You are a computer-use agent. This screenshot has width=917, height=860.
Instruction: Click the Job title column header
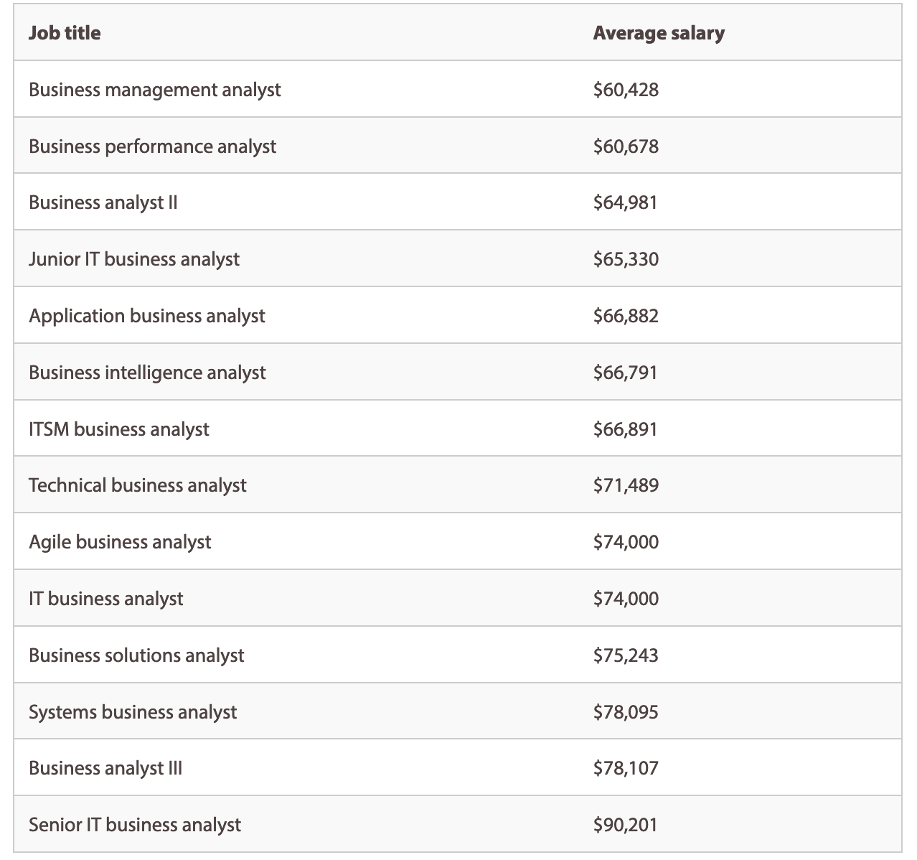65,33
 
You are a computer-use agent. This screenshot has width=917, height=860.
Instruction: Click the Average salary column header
658,33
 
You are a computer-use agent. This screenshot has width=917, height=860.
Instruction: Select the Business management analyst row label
154,90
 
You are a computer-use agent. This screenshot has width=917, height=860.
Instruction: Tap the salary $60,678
625,146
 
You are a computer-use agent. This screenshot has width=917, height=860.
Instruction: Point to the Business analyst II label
103,203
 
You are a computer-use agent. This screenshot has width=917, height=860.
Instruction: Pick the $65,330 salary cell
625,259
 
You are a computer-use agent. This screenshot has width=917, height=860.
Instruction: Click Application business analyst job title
146,316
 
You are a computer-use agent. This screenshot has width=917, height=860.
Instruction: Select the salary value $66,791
624,373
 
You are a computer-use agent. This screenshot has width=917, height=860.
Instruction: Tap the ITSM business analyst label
118,429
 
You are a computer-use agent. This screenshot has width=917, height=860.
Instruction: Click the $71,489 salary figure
625,485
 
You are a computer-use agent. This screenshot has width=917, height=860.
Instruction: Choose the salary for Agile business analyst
625,542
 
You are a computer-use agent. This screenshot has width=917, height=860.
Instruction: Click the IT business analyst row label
105,599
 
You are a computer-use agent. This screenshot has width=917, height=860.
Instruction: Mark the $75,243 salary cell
625,655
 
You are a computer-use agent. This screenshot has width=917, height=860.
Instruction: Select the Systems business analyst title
132,712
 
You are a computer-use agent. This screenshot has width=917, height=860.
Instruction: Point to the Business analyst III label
105,768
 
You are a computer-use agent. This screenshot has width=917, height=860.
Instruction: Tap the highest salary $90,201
624,825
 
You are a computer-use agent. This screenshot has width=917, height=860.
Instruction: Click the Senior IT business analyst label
134,825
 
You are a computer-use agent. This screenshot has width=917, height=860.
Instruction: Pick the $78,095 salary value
625,712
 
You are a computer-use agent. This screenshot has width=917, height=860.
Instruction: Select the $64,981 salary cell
624,203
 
